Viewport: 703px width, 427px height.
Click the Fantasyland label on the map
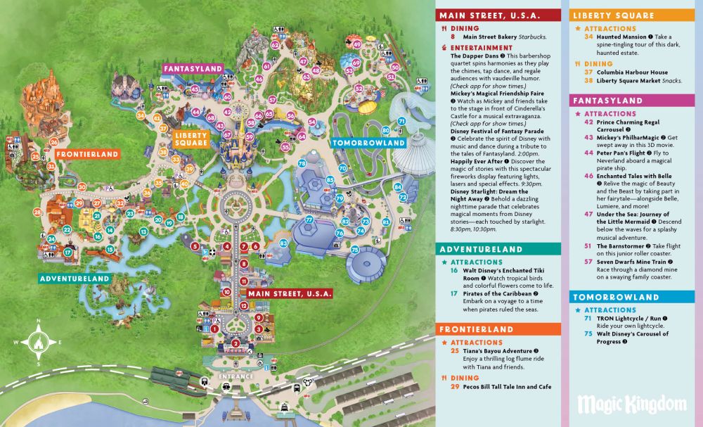point(193,69)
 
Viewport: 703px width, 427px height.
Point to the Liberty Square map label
point(191,138)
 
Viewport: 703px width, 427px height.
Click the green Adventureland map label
point(75,279)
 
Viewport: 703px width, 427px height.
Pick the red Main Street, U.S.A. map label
point(285,293)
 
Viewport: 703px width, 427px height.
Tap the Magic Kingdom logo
point(631,404)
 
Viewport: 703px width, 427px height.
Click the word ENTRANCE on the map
point(236,376)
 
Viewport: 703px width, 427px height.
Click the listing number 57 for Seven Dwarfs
point(588,261)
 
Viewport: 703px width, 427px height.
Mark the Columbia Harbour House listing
point(632,72)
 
